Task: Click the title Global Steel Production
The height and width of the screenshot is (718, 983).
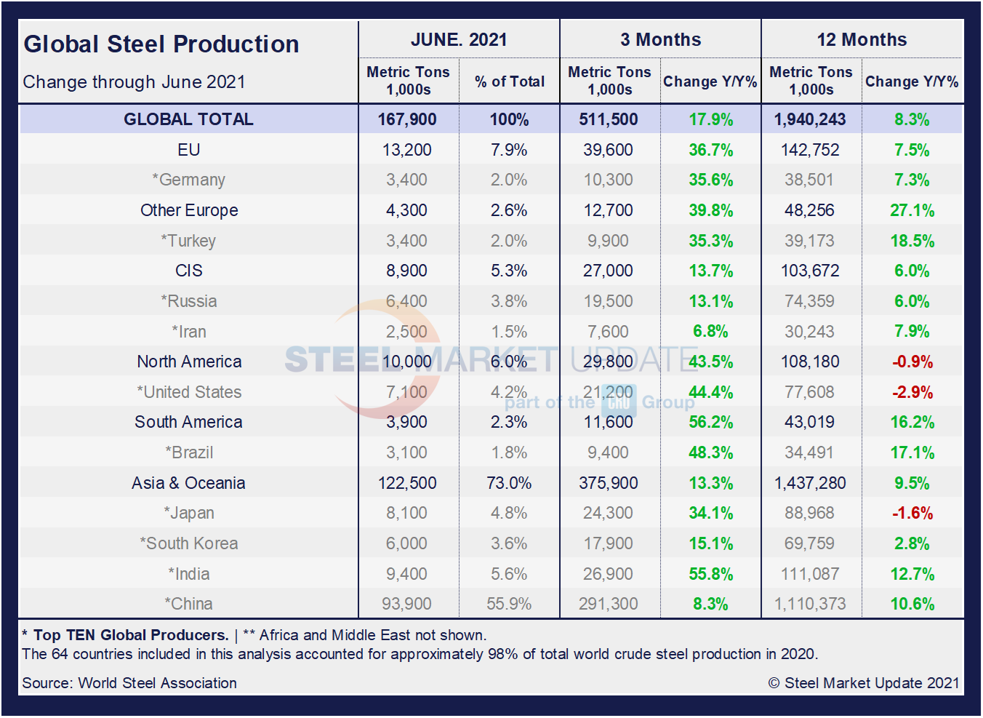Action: pyautogui.click(x=161, y=44)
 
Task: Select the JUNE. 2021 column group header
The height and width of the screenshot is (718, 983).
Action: pyautogui.click(x=459, y=40)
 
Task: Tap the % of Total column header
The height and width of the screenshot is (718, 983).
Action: pyautogui.click(x=510, y=81)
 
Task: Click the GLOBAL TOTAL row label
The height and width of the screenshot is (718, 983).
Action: pyautogui.click(x=188, y=119)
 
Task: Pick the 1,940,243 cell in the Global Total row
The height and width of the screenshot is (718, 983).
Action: pyautogui.click(x=810, y=119)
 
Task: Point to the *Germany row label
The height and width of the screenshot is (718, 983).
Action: pyautogui.click(x=189, y=180)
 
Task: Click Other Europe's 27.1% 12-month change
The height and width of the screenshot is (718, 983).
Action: pyautogui.click(x=912, y=210)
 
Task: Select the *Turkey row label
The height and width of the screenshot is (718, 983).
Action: pyautogui.click(x=189, y=241)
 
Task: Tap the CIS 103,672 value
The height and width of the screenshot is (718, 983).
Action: pyautogui.click(x=810, y=271)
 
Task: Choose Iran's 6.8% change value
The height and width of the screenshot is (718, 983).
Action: pyautogui.click(x=710, y=332)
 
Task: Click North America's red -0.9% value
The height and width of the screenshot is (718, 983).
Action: pyautogui.click(x=912, y=362)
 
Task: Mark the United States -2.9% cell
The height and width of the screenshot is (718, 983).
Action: pyautogui.click(x=912, y=392)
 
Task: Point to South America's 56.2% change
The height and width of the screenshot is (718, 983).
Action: pyautogui.click(x=710, y=422)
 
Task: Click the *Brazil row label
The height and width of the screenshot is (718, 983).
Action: pyautogui.click(x=189, y=452)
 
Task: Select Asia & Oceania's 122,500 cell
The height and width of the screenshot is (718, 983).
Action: pyautogui.click(x=407, y=483)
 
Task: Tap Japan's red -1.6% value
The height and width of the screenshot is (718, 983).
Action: pyautogui.click(x=912, y=513)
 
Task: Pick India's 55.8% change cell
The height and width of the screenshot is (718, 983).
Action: pyautogui.click(x=710, y=574)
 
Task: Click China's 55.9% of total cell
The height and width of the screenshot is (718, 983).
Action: pyautogui.click(x=509, y=604)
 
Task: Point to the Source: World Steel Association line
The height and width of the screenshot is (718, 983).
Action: pyautogui.click(x=129, y=683)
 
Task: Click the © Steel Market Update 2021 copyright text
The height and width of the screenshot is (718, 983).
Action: pyautogui.click(x=864, y=683)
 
